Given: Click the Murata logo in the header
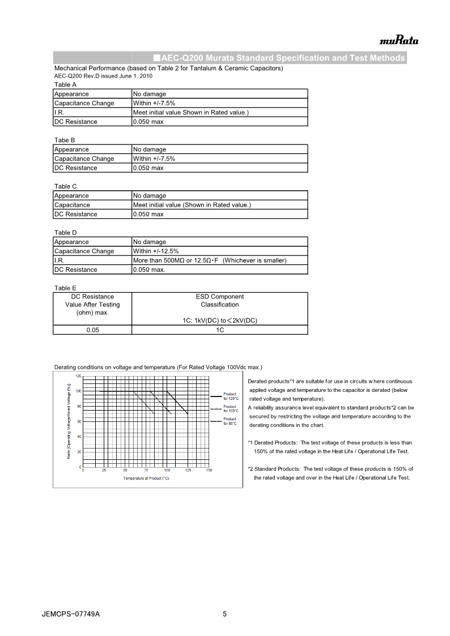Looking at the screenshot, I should (x=399, y=40).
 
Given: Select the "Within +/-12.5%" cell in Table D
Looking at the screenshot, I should (x=154, y=251).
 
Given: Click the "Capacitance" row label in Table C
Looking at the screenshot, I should (x=72, y=204).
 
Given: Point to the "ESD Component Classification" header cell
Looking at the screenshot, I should (x=219, y=301).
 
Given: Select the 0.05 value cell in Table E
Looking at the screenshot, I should (x=92, y=330).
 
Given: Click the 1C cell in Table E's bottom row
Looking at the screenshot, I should (x=219, y=330).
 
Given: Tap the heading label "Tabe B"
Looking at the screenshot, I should (x=65, y=140).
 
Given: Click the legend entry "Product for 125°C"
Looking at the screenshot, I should (x=230, y=396).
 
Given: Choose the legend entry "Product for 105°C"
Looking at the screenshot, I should (x=230, y=408).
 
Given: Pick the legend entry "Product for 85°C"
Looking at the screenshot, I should (x=230, y=421).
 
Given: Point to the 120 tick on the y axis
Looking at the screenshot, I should (x=78, y=375).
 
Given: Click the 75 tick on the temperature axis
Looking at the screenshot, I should (x=146, y=470).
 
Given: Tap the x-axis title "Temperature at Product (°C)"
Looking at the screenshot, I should (x=146, y=479).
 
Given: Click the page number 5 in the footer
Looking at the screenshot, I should (x=224, y=614).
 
